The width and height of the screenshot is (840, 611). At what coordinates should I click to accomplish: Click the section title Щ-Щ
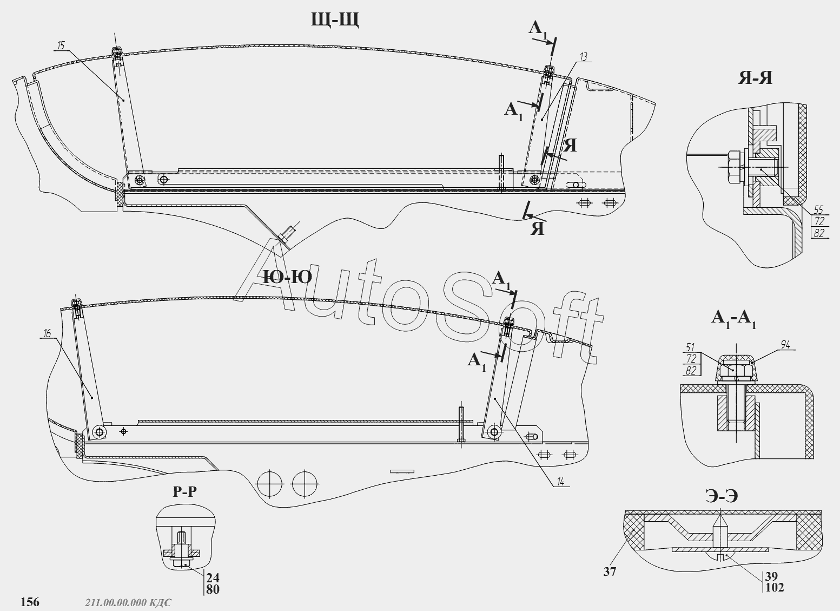click(x=335, y=20)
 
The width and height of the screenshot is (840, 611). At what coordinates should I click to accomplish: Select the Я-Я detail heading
click(x=755, y=78)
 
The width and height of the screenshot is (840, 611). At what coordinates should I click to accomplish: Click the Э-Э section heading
click(x=722, y=496)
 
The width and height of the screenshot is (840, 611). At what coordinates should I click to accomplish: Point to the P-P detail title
click(x=184, y=491)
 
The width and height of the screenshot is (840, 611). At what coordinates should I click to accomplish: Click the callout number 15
click(x=60, y=46)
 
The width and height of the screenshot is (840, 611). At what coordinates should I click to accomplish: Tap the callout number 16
click(x=47, y=334)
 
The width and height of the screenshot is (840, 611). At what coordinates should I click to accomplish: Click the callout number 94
click(x=786, y=344)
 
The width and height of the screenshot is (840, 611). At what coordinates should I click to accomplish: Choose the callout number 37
click(x=610, y=571)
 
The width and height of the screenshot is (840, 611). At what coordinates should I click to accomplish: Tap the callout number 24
click(x=213, y=577)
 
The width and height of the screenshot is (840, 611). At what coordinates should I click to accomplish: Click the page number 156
click(x=30, y=601)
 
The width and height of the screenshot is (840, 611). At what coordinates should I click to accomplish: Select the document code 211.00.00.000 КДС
click(x=128, y=602)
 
